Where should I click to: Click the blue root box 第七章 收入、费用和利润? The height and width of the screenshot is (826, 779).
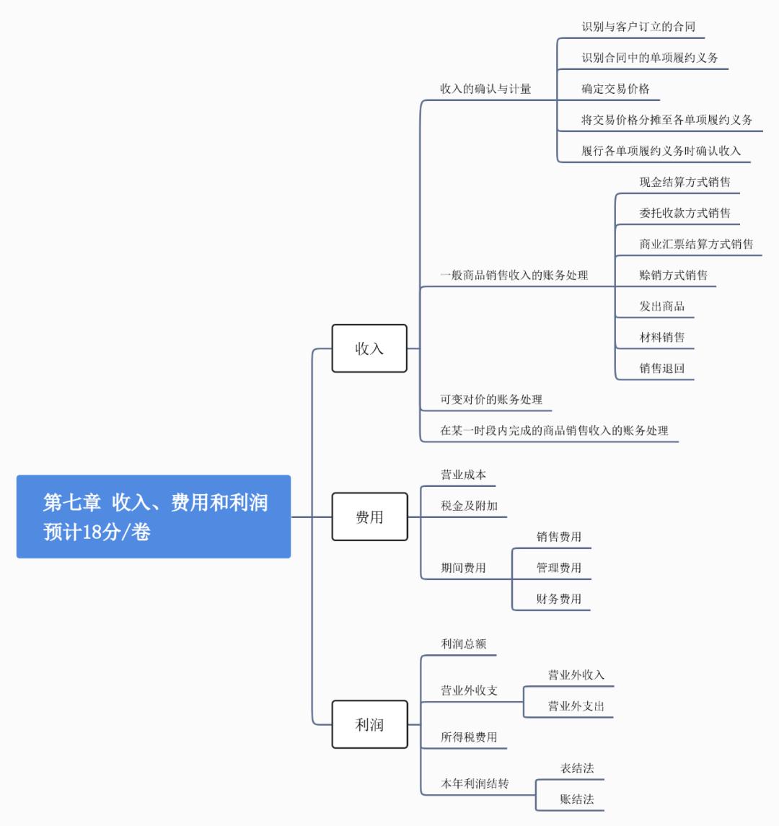(x=154, y=517)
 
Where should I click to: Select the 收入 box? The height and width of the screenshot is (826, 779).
(x=369, y=348)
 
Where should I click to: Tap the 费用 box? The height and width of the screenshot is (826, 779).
(x=369, y=517)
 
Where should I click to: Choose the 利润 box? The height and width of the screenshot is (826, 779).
(x=369, y=724)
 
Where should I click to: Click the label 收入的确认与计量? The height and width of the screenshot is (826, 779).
(x=485, y=89)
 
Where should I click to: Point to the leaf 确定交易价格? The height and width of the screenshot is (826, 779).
(x=615, y=89)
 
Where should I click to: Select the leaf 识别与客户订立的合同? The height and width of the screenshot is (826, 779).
(x=638, y=27)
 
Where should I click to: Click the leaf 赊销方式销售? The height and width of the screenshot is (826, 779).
(x=673, y=275)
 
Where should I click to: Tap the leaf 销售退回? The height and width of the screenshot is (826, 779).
(x=661, y=368)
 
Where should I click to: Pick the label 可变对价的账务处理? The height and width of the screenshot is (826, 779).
(x=491, y=399)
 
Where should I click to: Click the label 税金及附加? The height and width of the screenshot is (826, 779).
(x=469, y=506)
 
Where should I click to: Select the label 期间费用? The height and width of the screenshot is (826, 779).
(x=463, y=568)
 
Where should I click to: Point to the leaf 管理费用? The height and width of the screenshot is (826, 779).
(x=558, y=568)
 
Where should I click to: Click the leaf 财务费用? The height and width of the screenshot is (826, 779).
(x=558, y=599)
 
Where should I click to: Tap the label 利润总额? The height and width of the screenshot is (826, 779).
(x=463, y=643)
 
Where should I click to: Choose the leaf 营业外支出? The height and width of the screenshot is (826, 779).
(x=576, y=706)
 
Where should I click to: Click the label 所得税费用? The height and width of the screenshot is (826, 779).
(x=469, y=737)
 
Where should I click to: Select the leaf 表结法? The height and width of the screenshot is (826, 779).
(x=577, y=768)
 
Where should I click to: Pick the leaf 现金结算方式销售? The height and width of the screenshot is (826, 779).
(x=685, y=182)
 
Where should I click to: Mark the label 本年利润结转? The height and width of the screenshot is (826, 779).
(x=475, y=783)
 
